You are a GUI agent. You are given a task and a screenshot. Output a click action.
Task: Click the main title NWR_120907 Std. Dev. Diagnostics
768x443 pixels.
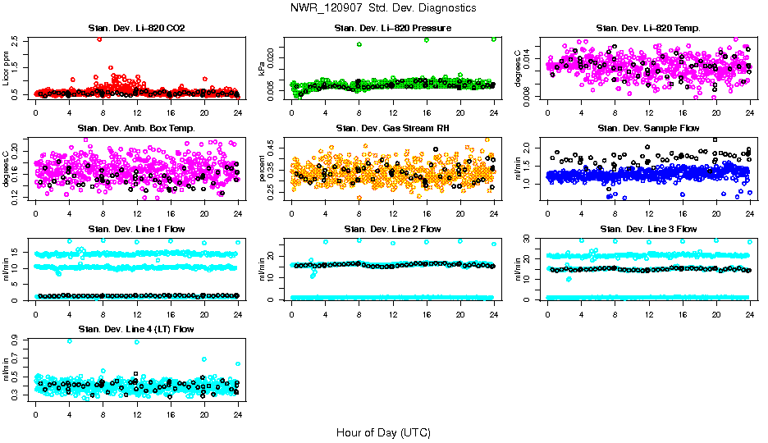[x=383, y=8]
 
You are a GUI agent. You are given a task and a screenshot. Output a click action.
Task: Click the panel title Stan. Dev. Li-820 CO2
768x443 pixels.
[x=136, y=29]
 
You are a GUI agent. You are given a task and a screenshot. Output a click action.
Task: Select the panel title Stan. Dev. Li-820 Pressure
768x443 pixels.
[x=392, y=29]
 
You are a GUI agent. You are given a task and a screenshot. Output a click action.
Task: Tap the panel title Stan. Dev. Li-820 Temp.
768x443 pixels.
[x=648, y=29]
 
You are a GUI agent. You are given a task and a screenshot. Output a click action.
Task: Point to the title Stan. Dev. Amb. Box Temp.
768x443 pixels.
[x=136, y=129]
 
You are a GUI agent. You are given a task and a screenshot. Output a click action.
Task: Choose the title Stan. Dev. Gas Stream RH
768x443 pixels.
[x=392, y=129]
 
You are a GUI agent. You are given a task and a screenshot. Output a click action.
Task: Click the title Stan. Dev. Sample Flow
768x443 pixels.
[x=648, y=129]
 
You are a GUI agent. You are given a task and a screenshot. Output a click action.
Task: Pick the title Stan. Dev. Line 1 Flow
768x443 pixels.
[x=136, y=229]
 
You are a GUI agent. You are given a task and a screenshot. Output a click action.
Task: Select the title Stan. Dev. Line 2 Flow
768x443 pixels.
[x=392, y=229]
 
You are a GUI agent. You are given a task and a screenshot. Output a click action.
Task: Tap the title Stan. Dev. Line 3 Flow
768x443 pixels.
[x=648, y=229]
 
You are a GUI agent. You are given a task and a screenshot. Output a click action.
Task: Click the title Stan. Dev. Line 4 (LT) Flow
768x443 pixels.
[x=136, y=329]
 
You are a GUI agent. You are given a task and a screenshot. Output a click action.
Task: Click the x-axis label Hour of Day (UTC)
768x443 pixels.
[x=383, y=432]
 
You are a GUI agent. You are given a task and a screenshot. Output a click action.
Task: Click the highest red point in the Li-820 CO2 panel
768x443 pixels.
[x=99, y=39]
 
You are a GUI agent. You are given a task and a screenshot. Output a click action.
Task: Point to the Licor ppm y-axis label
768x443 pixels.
[x=7, y=68]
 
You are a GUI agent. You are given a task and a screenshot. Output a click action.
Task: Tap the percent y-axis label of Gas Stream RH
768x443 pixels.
[x=263, y=168]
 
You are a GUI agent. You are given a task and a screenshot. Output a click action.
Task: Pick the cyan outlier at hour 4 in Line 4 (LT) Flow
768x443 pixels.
[x=70, y=341]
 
